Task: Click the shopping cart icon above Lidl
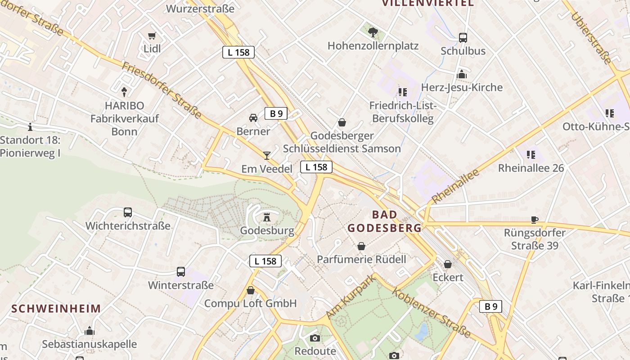coord(152,36)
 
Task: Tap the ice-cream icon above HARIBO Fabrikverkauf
coord(124,92)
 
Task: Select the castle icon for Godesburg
coord(267,217)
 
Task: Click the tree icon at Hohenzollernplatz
coord(373,32)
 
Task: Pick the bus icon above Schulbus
coord(463,38)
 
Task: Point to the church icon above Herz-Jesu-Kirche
coord(462,74)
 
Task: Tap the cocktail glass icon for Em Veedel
coord(267,156)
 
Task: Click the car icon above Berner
coord(253,118)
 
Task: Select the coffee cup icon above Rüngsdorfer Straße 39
coord(534,220)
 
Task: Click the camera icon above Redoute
coord(315,338)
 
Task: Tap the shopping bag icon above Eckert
coord(448,264)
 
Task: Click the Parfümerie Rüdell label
coord(361,259)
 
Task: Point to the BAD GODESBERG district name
coord(385,221)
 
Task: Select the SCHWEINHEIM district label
coord(56,309)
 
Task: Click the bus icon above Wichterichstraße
coord(128,212)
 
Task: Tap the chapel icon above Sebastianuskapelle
coord(90,331)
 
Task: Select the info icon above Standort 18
coord(30,127)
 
